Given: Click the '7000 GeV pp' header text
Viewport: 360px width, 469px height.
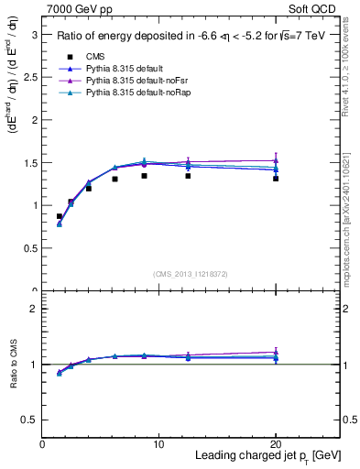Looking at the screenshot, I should pyautogui.click(x=77, y=10).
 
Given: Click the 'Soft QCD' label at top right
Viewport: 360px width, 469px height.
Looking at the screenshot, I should pyautogui.click(x=317, y=10).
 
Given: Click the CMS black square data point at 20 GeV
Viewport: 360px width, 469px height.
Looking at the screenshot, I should pyautogui.click(x=276, y=179).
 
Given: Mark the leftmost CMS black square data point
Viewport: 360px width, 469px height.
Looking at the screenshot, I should pyautogui.click(x=60, y=217).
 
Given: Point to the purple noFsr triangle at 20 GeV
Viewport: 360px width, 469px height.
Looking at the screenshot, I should pyautogui.click(x=276, y=160).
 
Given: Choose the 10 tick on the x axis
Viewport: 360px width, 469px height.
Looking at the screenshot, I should pyautogui.click(x=158, y=444).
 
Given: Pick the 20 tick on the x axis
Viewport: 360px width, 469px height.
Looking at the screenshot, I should pyautogui.click(x=276, y=444).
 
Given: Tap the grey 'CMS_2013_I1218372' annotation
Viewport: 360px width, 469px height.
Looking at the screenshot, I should pyautogui.click(x=191, y=274).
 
